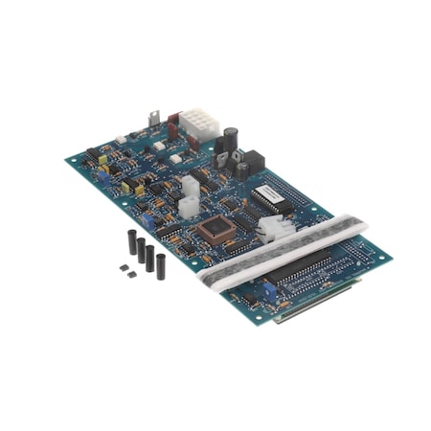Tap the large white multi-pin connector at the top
click(199, 124)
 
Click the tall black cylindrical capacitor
click(231, 141)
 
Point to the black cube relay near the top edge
click(253, 162)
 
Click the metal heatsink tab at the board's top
click(153, 121)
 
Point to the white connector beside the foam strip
click(273, 226)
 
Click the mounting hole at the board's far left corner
click(71, 160)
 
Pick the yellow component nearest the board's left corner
click(102, 167)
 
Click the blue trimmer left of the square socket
click(146, 219)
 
